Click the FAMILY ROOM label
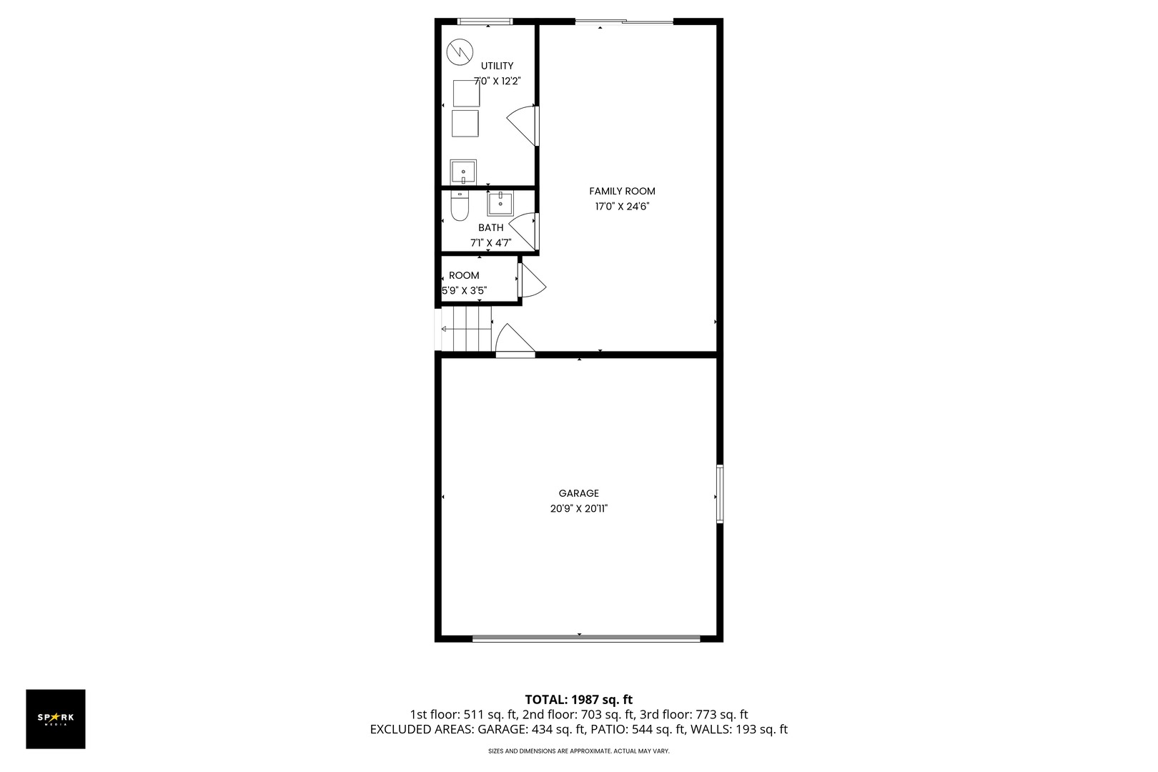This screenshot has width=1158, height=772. click(x=622, y=191)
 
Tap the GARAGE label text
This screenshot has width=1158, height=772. click(x=578, y=493)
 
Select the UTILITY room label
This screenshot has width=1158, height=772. click(x=497, y=66)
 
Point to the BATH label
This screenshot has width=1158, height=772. click(x=490, y=227)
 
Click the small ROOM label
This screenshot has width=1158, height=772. click(x=464, y=275)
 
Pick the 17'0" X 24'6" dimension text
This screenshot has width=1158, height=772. click(x=622, y=207)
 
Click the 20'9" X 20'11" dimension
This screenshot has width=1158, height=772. click(x=578, y=509)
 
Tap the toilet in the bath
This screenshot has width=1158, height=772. click(x=460, y=208)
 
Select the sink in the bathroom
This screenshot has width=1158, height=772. click(x=500, y=204)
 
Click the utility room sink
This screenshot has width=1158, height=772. click(x=463, y=172)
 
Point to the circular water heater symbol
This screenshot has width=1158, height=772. click(x=460, y=51)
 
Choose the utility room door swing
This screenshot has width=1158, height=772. click(x=523, y=126)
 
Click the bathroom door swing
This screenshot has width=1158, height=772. click(x=524, y=231)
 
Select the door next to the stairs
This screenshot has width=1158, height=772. click(x=513, y=341)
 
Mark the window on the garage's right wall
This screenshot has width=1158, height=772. click(x=720, y=493)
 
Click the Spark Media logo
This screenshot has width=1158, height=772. click(x=56, y=718)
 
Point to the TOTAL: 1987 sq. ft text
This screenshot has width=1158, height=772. click(x=578, y=700)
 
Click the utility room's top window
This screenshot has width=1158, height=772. click(x=485, y=21)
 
